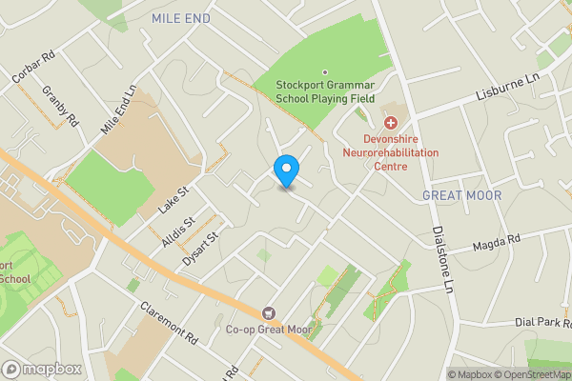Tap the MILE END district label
182,18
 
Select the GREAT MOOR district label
460,195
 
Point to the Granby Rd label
59,106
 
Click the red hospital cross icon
390,122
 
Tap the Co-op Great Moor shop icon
269,313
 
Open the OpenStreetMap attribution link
533,374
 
